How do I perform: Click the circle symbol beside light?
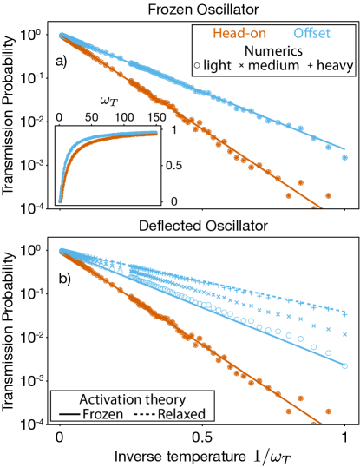[197, 66]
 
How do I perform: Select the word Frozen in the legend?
[103, 414]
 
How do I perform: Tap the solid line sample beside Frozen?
[68, 414]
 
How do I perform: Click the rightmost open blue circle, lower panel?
[344, 366]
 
